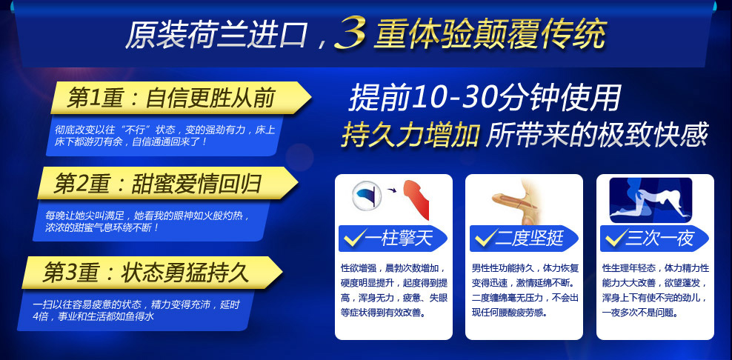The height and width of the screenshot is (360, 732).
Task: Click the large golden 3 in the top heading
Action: (x=350, y=33)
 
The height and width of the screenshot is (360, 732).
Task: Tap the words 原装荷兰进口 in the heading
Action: (x=216, y=34)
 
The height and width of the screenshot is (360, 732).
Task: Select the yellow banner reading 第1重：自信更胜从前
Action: (x=181, y=98)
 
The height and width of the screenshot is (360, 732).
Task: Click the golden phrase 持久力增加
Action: (x=410, y=135)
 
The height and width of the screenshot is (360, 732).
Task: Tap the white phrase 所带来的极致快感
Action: (x=597, y=135)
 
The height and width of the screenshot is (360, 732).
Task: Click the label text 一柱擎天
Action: (x=399, y=239)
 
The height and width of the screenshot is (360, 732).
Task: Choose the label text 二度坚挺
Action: (x=530, y=239)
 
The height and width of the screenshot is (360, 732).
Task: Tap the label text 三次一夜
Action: (x=660, y=239)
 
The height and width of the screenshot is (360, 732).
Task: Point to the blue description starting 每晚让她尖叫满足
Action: (x=147, y=221)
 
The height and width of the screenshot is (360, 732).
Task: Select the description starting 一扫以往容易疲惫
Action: (x=136, y=310)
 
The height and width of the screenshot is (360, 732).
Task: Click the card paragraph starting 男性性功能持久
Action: (x=525, y=290)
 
